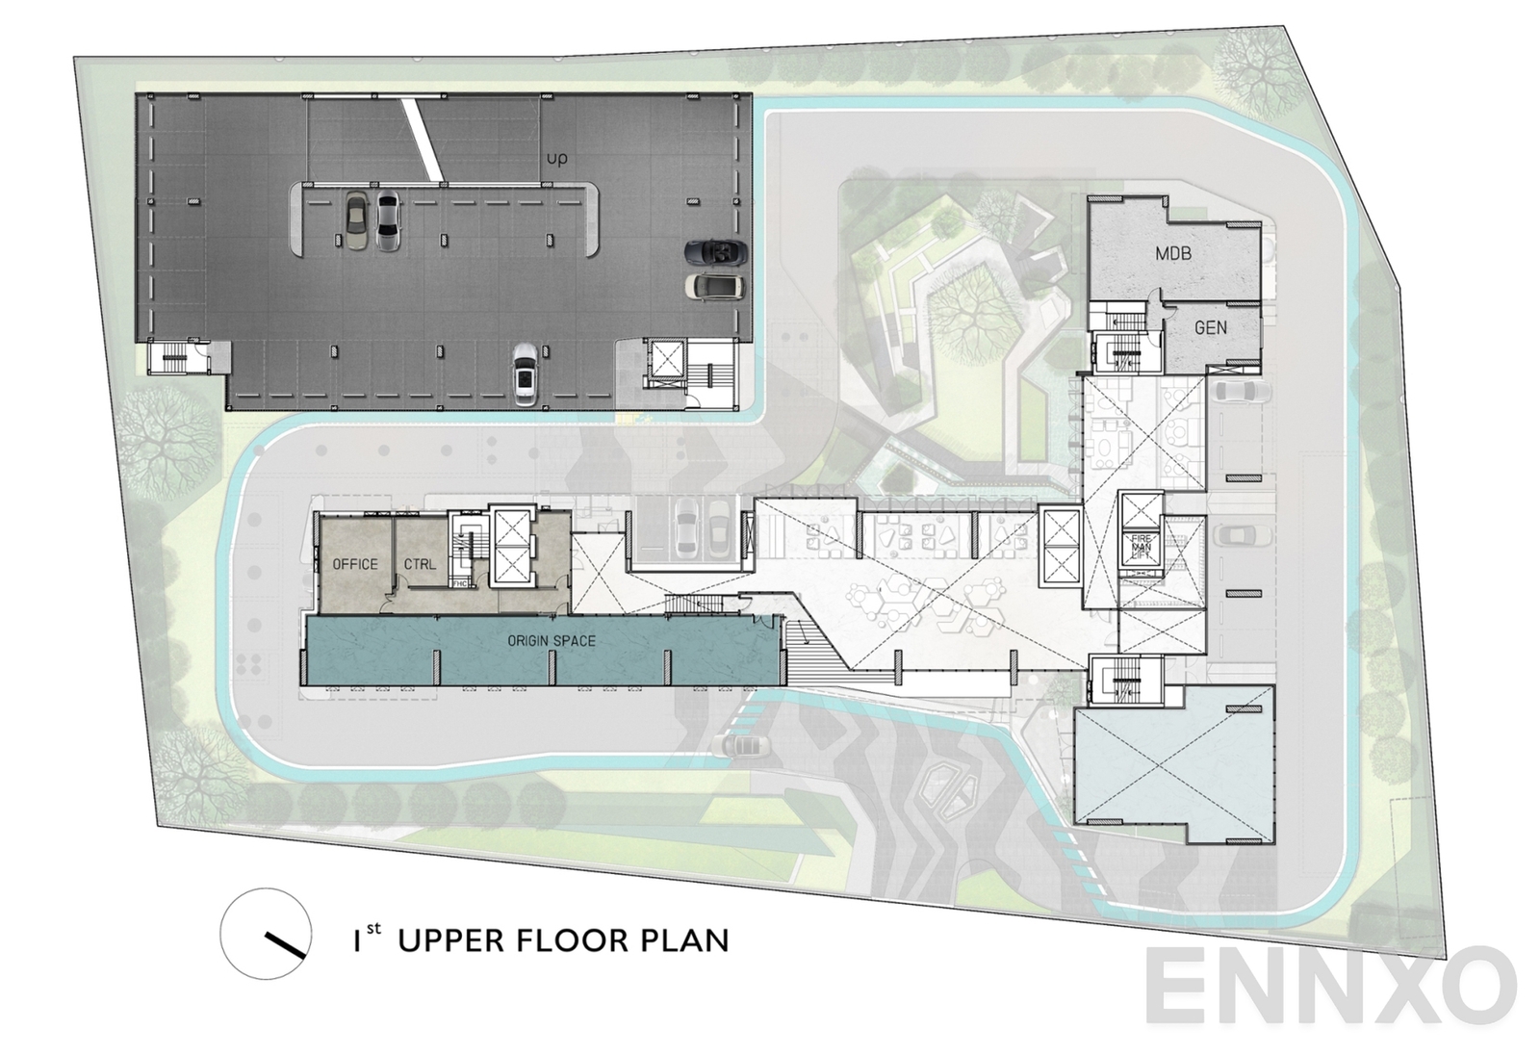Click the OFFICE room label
(x=355, y=564)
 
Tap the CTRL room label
(x=420, y=564)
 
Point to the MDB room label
(x=1173, y=254)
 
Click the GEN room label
(x=1210, y=327)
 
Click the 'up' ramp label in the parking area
(x=556, y=158)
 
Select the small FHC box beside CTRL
(x=460, y=583)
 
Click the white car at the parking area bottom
(x=525, y=374)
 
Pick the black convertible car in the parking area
(x=715, y=253)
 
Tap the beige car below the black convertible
(x=713, y=286)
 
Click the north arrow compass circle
(x=266, y=934)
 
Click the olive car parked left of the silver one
(x=355, y=220)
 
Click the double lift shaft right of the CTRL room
(x=509, y=548)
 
